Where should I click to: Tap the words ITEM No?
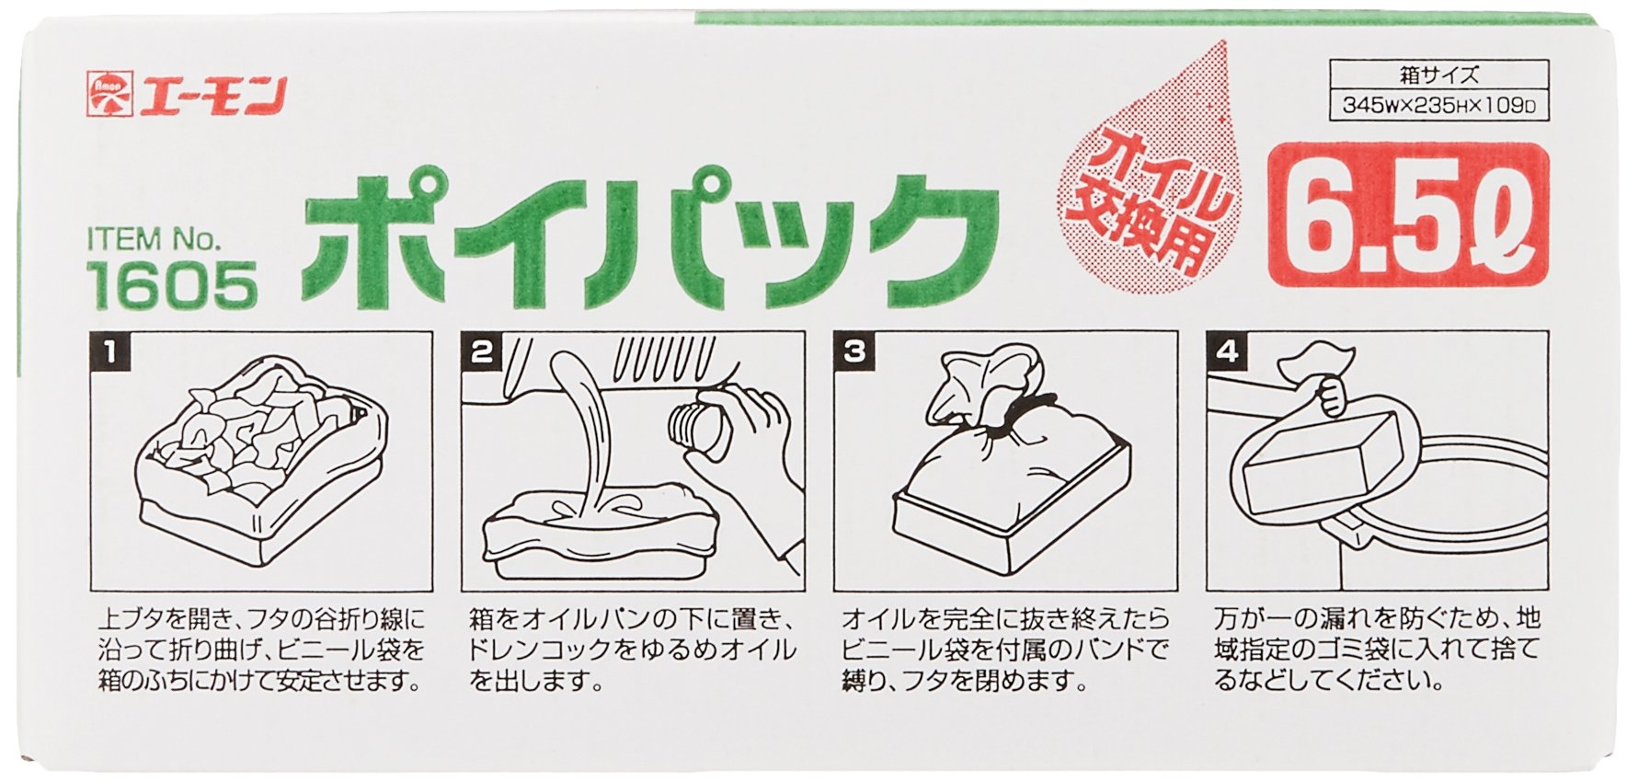click(155, 240)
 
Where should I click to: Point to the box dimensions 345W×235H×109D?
click(1439, 105)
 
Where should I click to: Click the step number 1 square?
click(111, 352)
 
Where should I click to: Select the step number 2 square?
click(483, 352)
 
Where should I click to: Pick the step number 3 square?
click(854, 352)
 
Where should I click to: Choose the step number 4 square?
click(1227, 352)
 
